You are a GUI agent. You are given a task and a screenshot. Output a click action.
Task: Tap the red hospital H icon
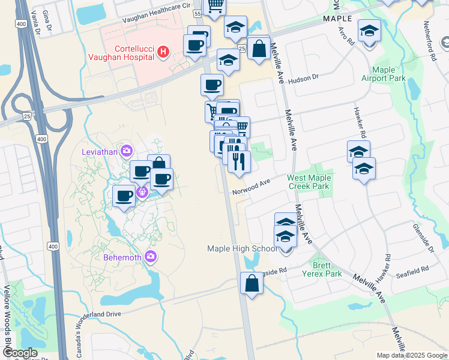[162, 52]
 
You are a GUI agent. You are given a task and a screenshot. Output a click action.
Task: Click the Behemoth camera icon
[150, 257]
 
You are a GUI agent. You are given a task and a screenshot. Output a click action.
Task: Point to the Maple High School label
[243, 248]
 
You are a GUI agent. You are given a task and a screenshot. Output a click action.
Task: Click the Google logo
[20, 353]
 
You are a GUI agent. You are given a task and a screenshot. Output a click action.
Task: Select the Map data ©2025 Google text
[412, 355]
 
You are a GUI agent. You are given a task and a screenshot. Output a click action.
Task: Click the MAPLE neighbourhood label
[337, 19]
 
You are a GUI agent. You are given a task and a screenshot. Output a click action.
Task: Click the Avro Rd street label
[346, 35]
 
